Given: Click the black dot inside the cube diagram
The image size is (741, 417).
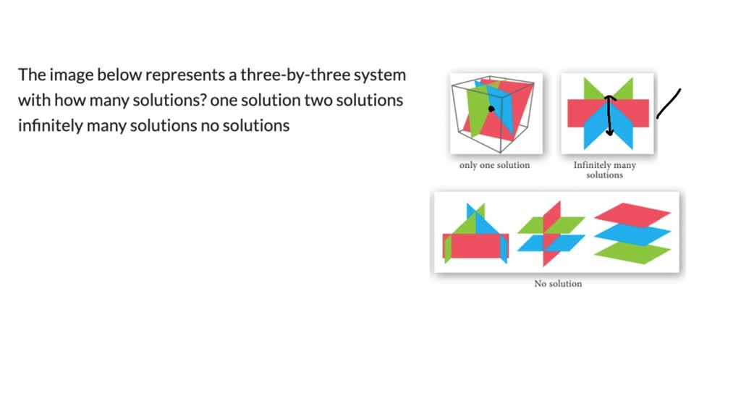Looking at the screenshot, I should click(491, 109).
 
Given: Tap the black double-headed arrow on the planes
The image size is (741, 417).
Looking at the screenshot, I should click(609, 116).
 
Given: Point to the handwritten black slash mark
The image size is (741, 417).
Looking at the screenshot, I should click(669, 104).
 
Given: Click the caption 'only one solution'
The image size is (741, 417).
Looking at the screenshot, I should click(494, 165).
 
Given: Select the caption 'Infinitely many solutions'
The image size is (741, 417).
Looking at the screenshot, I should click(604, 170).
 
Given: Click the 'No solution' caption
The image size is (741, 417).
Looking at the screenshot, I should click(558, 283).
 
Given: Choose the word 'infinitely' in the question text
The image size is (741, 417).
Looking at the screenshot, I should click(48, 125).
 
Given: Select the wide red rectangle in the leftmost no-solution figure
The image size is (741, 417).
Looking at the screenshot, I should click(476, 245).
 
